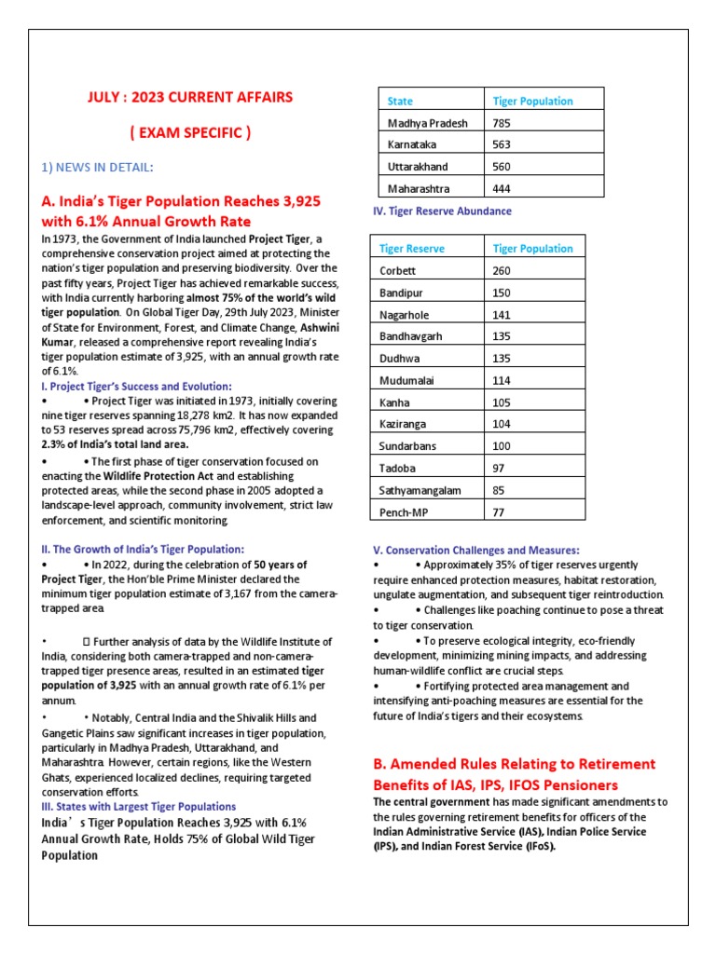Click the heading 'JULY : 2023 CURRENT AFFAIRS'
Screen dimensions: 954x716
point(190,97)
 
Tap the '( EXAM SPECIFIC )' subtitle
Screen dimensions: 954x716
point(190,133)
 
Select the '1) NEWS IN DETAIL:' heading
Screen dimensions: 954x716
point(97,167)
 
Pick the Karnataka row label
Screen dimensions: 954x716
point(412,144)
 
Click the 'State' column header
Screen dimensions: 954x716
point(400,101)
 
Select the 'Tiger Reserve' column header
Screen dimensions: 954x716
point(412,249)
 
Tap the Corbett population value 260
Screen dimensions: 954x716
point(502,271)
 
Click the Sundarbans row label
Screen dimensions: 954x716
point(408,446)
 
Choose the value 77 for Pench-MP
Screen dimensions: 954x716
point(499,512)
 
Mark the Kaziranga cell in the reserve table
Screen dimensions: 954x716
point(404,424)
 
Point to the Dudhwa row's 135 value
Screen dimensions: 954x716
point(502,359)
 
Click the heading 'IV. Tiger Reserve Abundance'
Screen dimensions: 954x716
point(442,211)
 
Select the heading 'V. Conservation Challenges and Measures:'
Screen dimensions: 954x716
point(475,550)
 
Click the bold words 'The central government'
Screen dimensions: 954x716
point(426,802)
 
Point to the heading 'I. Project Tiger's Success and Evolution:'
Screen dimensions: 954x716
point(137,386)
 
